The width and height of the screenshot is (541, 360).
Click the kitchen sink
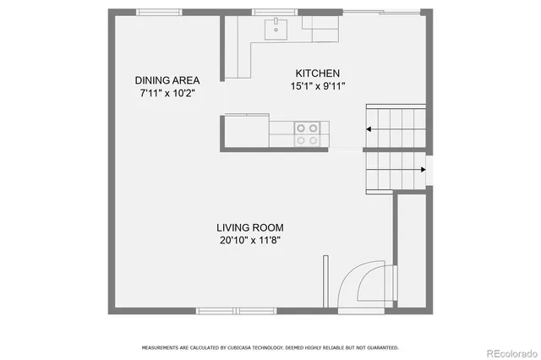(x=276, y=30)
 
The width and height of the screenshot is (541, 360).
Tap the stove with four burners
(x=308, y=134)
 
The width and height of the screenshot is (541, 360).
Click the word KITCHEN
(x=317, y=73)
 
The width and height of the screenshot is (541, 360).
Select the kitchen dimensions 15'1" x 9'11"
(x=317, y=85)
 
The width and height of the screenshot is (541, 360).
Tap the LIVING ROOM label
(x=249, y=227)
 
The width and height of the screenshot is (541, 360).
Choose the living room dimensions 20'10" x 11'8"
(x=249, y=240)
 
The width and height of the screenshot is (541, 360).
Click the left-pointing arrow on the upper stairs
(x=370, y=129)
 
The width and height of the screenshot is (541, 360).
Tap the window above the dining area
(x=161, y=12)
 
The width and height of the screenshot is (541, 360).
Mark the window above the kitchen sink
(x=276, y=12)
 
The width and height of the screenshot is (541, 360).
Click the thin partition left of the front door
(x=325, y=282)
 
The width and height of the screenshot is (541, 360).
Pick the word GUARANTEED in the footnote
(x=382, y=347)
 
